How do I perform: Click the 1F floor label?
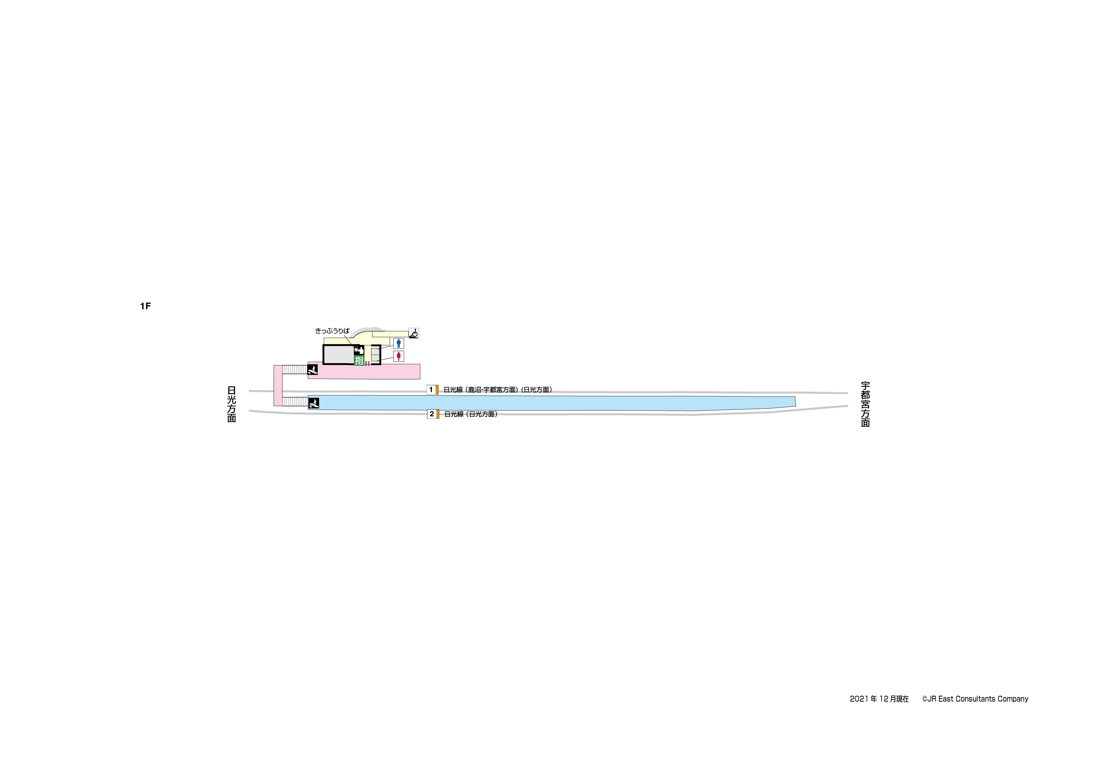[146, 306]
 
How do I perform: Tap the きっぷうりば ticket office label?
[332, 331]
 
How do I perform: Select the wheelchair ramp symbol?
[414, 333]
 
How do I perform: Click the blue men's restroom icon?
[398, 343]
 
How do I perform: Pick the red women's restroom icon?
[398, 356]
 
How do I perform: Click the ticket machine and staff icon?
[359, 350]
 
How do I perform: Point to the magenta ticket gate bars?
[367, 364]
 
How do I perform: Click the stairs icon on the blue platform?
[313, 403]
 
